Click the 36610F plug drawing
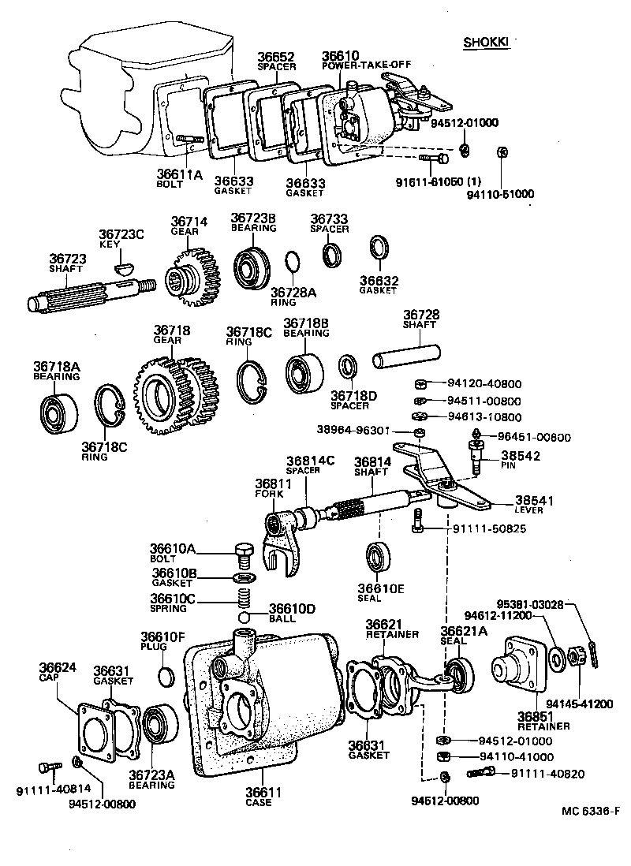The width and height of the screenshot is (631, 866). click(x=167, y=676)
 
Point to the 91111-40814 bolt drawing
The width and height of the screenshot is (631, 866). click(x=50, y=766)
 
